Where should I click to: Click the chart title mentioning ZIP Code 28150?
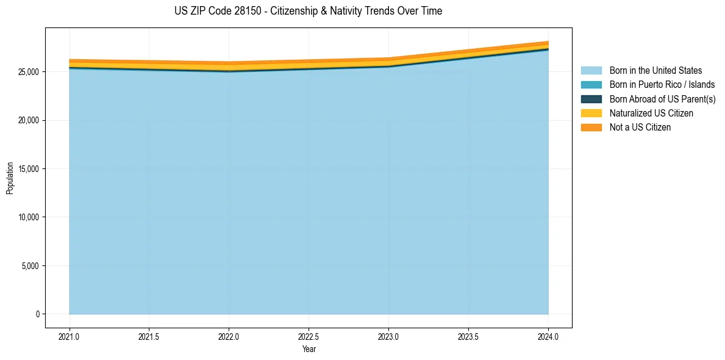308,11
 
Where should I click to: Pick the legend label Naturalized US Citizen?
651,113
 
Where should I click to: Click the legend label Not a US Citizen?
640,128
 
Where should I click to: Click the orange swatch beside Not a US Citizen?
591,128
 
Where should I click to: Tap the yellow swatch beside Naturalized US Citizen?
591,113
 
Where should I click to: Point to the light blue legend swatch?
591,71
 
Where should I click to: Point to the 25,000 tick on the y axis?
28,72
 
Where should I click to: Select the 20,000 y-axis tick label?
28,120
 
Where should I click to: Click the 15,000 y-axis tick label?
28,169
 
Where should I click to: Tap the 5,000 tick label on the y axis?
30,266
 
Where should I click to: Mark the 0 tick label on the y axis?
37,314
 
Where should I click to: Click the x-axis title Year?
309,350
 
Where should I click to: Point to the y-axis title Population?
10,178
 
